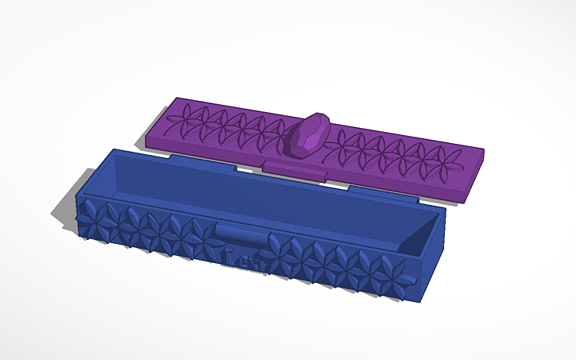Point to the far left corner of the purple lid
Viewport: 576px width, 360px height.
(x=172, y=100)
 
